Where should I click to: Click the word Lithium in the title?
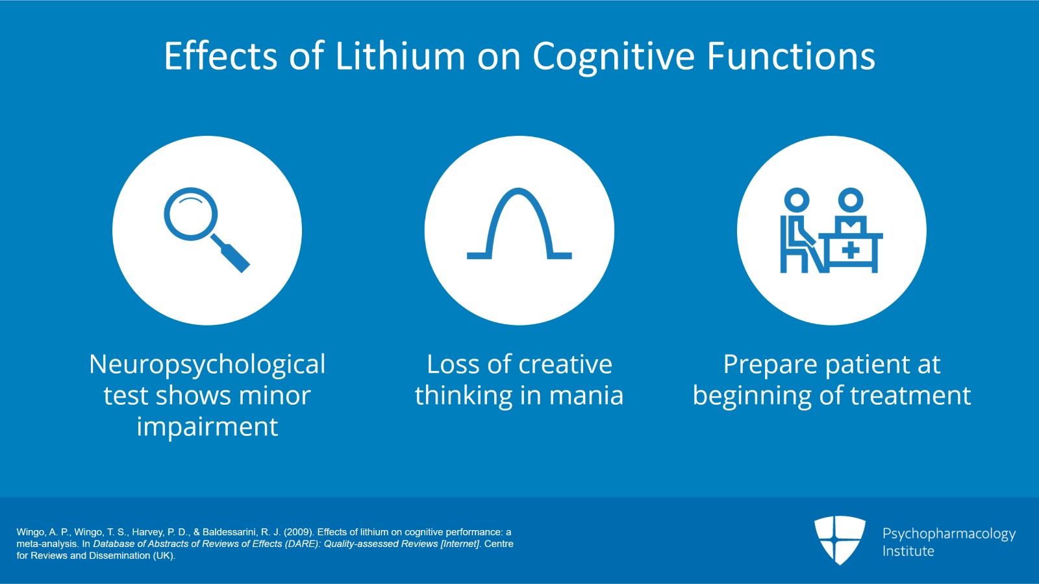pos(400,56)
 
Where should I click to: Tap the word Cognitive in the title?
pos(613,57)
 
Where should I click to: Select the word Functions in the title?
pos(790,56)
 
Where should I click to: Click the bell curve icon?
pos(519,225)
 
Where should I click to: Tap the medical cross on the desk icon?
pos(850,250)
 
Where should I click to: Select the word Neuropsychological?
pos(207,365)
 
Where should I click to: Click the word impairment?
pos(207,427)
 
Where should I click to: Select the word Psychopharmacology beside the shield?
pos(948,534)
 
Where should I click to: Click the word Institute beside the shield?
pos(908,551)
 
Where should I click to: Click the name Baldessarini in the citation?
pos(230,532)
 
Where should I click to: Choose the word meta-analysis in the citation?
pos(47,544)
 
